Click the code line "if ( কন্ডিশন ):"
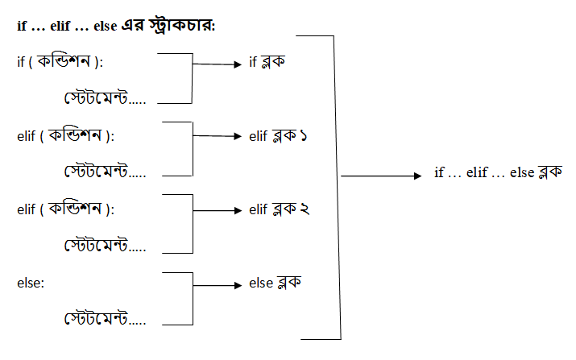click(65, 63)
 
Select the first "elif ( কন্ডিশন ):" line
click(65, 136)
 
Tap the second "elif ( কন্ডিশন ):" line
click(65, 209)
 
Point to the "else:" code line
click(31, 283)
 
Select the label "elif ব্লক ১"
click(280, 137)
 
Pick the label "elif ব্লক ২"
click(280, 210)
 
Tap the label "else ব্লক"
click(276, 283)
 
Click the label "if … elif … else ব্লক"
click(497, 172)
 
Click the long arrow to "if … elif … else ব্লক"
click(379, 175)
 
